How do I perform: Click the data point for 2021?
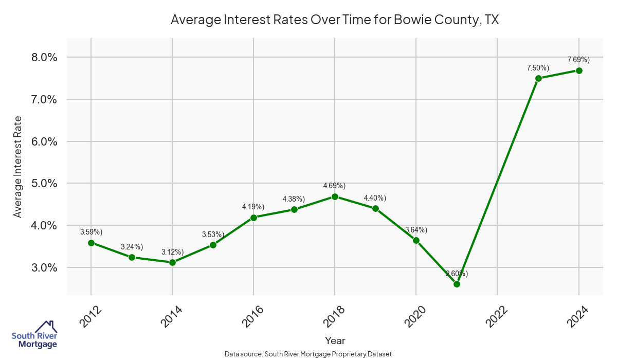pos(457,284)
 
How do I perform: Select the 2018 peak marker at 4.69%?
pos(335,196)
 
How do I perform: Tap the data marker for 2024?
pos(579,70)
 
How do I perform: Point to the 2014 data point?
pos(172,262)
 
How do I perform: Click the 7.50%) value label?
pos(538,68)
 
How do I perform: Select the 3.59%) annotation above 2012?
pos(91,232)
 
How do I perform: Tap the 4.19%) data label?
pos(253,207)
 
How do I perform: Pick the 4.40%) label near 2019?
pos(375,198)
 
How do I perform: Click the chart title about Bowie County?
pos(335,20)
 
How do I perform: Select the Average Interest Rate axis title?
pos(18,166)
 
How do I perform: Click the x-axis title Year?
pos(335,340)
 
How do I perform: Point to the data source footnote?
pos(308,354)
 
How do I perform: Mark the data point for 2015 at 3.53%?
pos(213,245)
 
